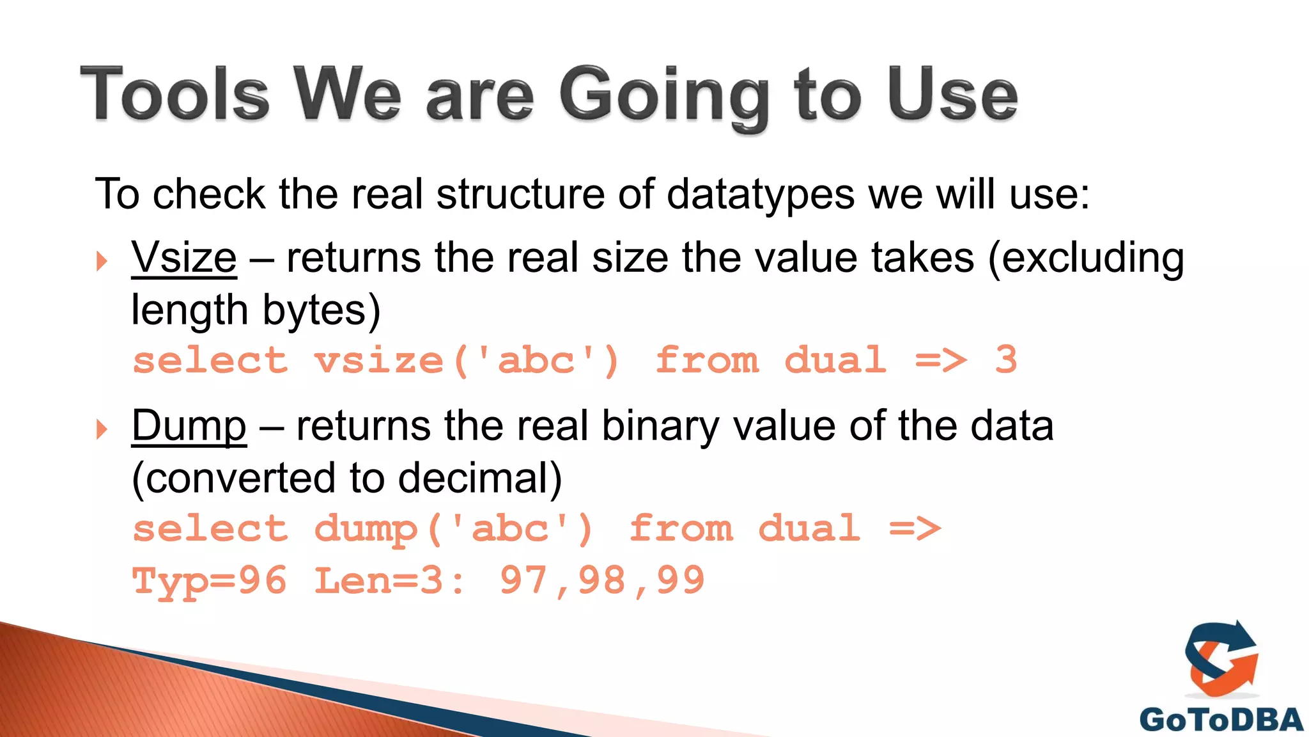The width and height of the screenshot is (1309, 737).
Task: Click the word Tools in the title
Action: (174, 95)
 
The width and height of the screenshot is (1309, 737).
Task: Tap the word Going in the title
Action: (664, 97)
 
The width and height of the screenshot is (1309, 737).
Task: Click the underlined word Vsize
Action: (184, 258)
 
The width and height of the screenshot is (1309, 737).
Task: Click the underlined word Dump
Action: (189, 426)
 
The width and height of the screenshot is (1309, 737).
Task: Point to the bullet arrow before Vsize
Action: (102, 261)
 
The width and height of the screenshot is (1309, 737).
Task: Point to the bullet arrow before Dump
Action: (102, 429)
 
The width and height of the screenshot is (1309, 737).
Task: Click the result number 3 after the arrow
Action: (1005, 360)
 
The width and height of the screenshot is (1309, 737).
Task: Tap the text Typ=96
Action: (210, 581)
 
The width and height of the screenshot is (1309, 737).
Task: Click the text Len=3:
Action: (390, 581)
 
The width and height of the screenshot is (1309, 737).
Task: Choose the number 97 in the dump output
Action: (523, 581)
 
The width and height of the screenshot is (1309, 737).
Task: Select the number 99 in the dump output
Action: (680, 581)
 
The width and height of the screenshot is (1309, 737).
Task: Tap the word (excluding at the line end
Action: (1085, 258)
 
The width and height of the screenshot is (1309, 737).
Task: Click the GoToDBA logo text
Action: (1221, 720)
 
